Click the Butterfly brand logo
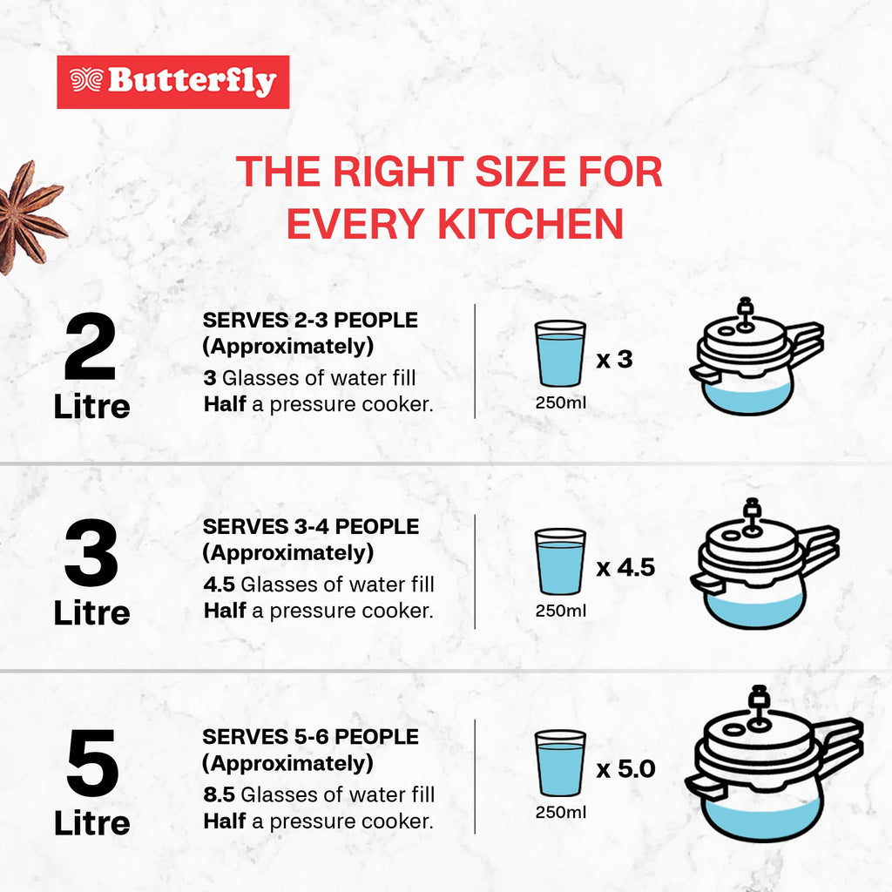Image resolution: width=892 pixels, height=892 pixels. pos(173,82)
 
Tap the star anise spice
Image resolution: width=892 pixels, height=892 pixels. pos(30,216)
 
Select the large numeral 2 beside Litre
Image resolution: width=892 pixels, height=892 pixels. pos(91,346)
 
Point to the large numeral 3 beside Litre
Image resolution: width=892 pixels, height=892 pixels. pos(91,552)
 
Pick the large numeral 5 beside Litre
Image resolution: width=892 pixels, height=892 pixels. pos(91,763)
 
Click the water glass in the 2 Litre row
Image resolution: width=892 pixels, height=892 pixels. pos(560,354)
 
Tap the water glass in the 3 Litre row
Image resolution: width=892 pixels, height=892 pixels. pos(560,562)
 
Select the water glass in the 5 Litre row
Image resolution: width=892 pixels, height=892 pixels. pos(560,763)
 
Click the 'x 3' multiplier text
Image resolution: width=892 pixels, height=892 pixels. pos(614,360)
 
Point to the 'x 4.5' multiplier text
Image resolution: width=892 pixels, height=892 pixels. pos(625,568)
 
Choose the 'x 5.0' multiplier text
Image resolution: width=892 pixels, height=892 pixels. pos(625,769)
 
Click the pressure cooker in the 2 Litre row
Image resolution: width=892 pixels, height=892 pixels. pos(757,356)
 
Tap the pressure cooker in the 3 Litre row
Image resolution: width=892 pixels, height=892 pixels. pos(764,564)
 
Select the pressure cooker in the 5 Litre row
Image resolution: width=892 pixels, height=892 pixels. pos(774,764)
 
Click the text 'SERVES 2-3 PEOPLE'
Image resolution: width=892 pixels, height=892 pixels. pos(310,321)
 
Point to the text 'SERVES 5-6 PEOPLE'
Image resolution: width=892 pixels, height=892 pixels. pos(310,737)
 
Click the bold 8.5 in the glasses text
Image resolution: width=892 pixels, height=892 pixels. pos(219,794)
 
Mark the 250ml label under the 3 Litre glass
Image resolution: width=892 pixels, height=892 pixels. pos(560,611)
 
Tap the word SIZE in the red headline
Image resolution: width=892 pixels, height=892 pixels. pos(520,172)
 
